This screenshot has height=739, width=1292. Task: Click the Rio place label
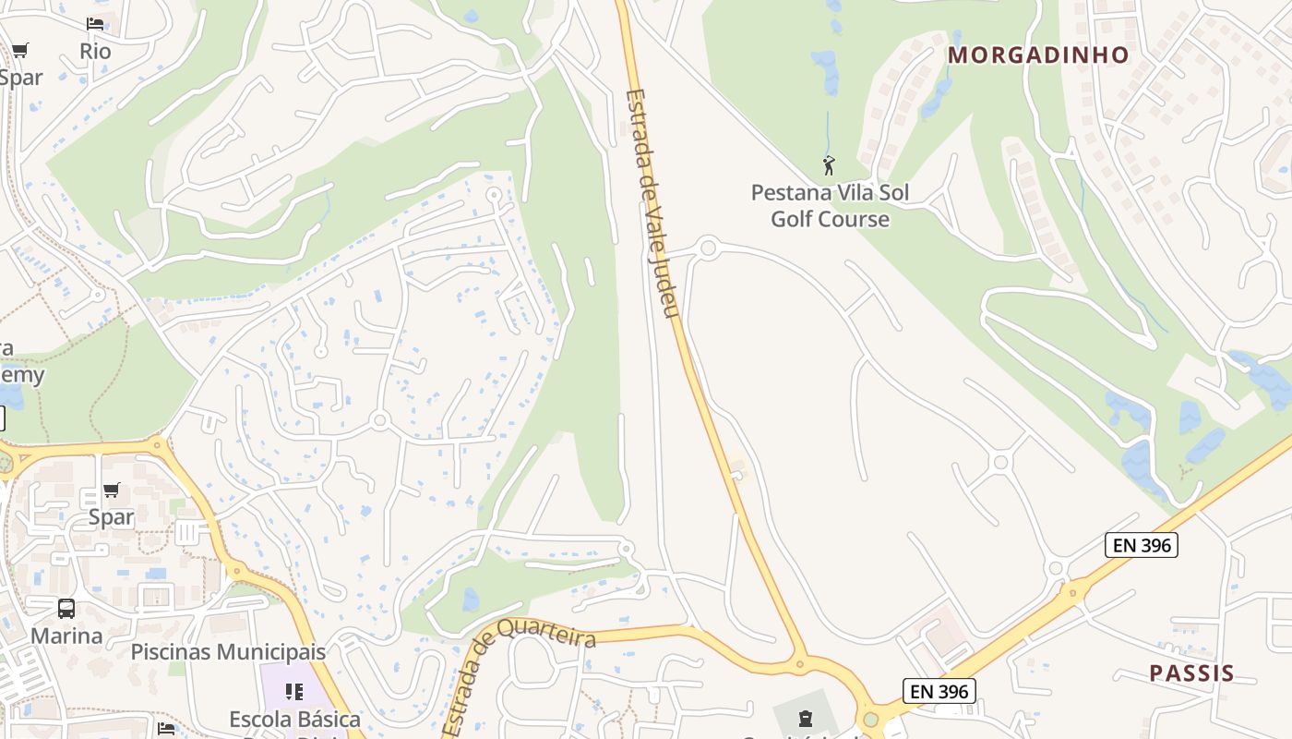pyautogui.click(x=95, y=51)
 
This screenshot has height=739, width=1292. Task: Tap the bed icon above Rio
pyautogui.click(x=95, y=23)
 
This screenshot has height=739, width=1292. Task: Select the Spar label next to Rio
pyautogui.click(x=20, y=77)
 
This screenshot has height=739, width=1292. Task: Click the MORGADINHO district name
pyautogui.click(x=1038, y=55)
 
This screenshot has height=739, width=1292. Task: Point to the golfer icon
pyautogui.click(x=828, y=166)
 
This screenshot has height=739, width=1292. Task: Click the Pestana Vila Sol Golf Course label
pyautogui.click(x=830, y=206)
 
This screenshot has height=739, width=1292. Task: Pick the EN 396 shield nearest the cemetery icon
pyautogui.click(x=939, y=690)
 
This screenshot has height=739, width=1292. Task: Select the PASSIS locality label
pyautogui.click(x=1191, y=672)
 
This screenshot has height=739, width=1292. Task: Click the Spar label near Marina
pyautogui.click(x=111, y=516)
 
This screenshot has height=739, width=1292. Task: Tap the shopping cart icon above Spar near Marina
pyautogui.click(x=111, y=490)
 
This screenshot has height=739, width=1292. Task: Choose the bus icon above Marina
pyautogui.click(x=66, y=608)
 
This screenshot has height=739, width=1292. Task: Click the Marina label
pyautogui.click(x=66, y=636)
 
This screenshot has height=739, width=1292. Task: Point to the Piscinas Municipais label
pyautogui.click(x=228, y=651)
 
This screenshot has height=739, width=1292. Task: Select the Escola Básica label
pyautogui.click(x=294, y=719)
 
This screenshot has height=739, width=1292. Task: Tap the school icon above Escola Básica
pyautogui.click(x=294, y=691)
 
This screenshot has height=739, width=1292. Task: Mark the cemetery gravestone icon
pyautogui.click(x=805, y=718)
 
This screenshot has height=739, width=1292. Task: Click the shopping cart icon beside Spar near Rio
pyautogui.click(x=20, y=50)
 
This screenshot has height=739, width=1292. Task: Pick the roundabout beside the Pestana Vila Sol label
pyautogui.click(x=708, y=248)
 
